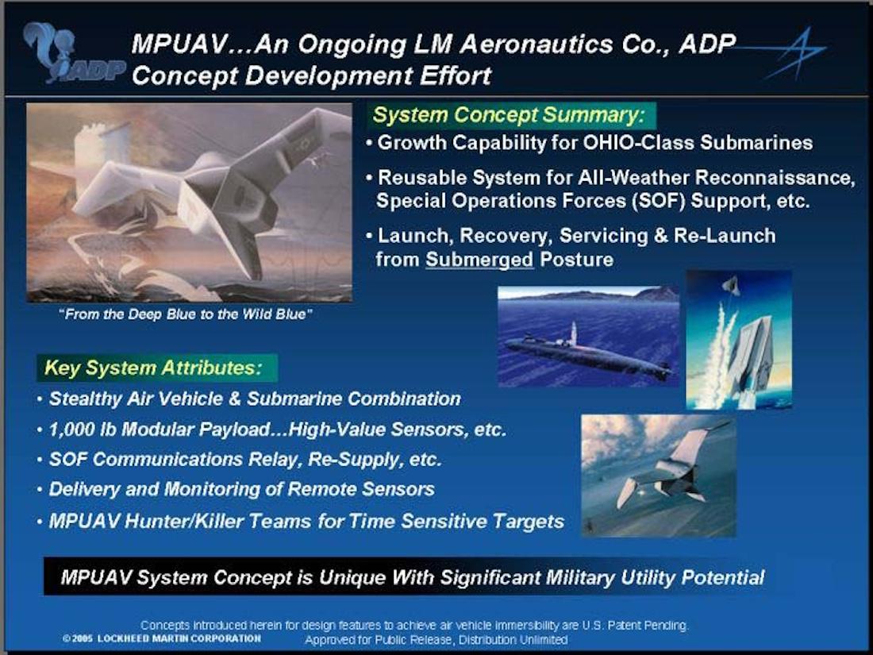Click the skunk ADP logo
pyautogui.click(x=72, y=54)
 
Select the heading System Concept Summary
pyautogui.click(x=509, y=115)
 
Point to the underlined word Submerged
pyautogui.click(x=479, y=260)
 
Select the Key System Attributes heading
pyautogui.click(x=153, y=368)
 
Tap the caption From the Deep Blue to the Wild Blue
pyautogui.click(x=186, y=314)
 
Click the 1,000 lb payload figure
pyautogui.click(x=83, y=430)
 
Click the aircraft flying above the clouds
pyautogui.click(x=668, y=467)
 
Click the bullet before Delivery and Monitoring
pyautogui.click(x=40, y=490)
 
